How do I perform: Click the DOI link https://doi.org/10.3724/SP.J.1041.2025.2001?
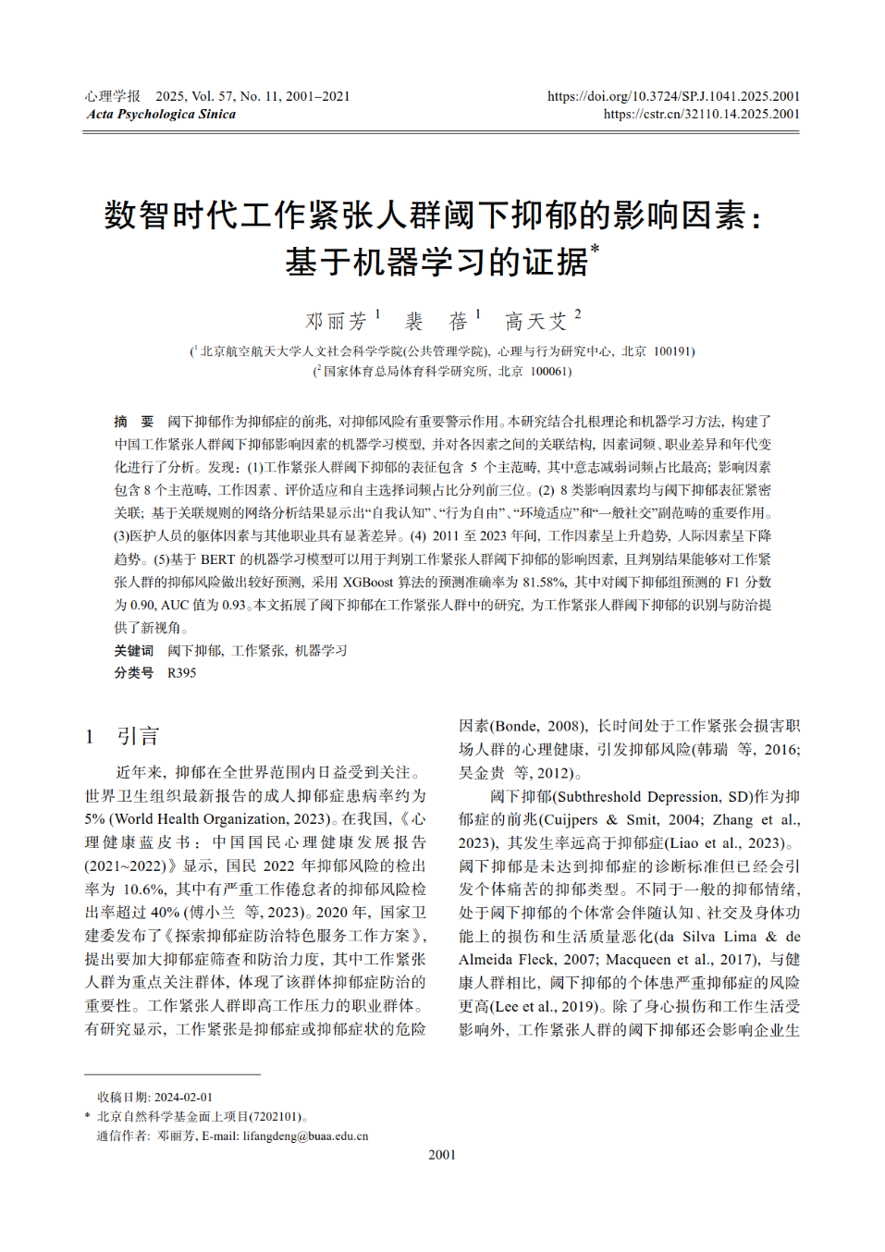click(673, 96)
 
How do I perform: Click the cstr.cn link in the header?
click(701, 115)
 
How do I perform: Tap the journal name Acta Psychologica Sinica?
click(161, 115)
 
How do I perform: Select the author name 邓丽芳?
click(337, 321)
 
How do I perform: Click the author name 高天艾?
click(536, 321)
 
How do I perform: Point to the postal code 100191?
click(673, 351)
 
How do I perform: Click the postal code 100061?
click(550, 372)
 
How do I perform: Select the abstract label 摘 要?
click(134, 422)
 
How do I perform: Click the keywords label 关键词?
click(134, 651)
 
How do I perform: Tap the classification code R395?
click(181, 673)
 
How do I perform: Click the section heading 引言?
click(138, 736)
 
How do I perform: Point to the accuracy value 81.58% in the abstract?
click(544, 583)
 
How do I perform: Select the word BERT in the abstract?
click(218, 559)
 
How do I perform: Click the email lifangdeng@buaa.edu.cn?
click(305, 1136)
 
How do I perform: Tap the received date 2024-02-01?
click(183, 1098)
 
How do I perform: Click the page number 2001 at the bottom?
click(442, 1155)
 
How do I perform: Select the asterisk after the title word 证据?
click(595, 248)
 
